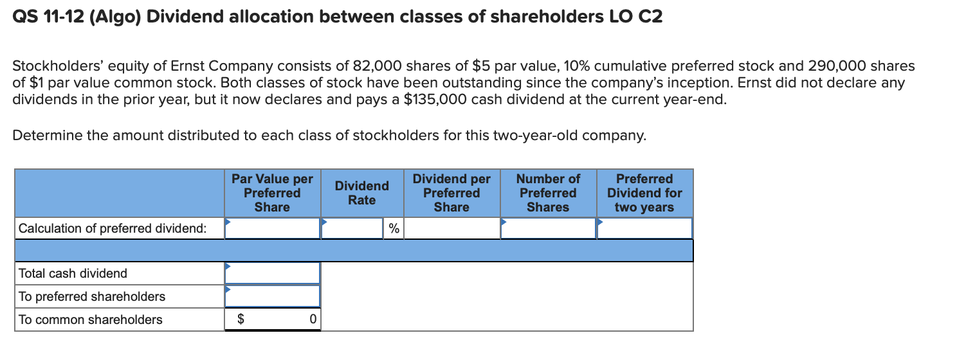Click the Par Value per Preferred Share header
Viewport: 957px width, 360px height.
pyautogui.click(x=272, y=193)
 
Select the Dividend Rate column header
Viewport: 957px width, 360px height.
pyautogui.click(x=361, y=193)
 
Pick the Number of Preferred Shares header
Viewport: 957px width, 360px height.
pyautogui.click(x=548, y=193)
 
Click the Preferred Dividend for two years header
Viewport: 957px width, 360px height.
pyautogui.click(x=644, y=193)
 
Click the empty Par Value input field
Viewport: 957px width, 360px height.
pyautogui.click(x=272, y=228)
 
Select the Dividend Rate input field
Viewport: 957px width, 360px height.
pyautogui.click(x=352, y=228)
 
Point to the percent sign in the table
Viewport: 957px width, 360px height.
pyautogui.click(x=394, y=229)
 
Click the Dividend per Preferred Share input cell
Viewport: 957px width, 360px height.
pyautogui.click(x=451, y=228)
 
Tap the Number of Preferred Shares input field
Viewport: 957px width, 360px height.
pyautogui.click(x=548, y=228)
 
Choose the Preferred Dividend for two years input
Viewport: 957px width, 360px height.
pyautogui.click(x=644, y=228)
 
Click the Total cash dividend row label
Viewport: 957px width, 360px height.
pyautogui.click(x=73, y=273)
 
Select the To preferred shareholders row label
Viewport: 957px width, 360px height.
pyautogui.click(x=92, y=296)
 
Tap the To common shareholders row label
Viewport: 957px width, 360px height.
pyautogui.click(x=91, y=319)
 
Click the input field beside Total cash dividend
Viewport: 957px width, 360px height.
pyautogui.click(x=272, y=273)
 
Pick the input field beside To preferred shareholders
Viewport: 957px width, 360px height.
pyautogui.click(x=272, y=296)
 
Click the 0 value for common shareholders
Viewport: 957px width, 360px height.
pyautogui.click(x=312, y=319)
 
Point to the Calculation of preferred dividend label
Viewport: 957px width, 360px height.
pyautogui.click(x=113, y=228)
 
